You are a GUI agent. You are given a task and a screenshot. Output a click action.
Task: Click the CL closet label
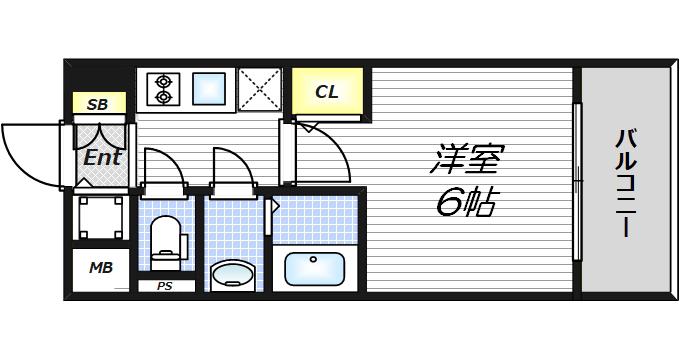coord(327,92)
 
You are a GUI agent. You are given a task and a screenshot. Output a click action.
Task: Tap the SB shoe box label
coord(97,104)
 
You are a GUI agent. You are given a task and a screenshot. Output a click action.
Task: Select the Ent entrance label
coord(102,157)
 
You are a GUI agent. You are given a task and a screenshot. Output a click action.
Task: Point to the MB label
coord(101,268)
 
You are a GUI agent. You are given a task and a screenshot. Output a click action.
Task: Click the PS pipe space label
coord(164,286)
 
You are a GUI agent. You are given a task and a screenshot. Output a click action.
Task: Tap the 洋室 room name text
coord(467,159)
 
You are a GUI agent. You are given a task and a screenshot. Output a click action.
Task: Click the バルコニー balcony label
coord(626,183)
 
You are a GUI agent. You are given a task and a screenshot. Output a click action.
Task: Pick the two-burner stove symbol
coord(163,89)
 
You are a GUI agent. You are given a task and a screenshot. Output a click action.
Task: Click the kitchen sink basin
coord(209,89)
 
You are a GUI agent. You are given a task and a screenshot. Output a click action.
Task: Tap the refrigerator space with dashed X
coord(260,89)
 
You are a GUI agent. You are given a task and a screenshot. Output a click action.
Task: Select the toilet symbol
coord(167,243)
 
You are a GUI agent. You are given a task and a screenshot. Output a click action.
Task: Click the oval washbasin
coord(232,275)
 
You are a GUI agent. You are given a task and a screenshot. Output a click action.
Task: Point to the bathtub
coord(315,268)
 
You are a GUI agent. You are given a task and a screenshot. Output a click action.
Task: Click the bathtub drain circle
coord(313,259)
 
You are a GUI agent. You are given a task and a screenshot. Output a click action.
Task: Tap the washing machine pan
coord(101,217)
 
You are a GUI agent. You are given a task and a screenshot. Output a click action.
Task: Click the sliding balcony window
coord(577,181)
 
